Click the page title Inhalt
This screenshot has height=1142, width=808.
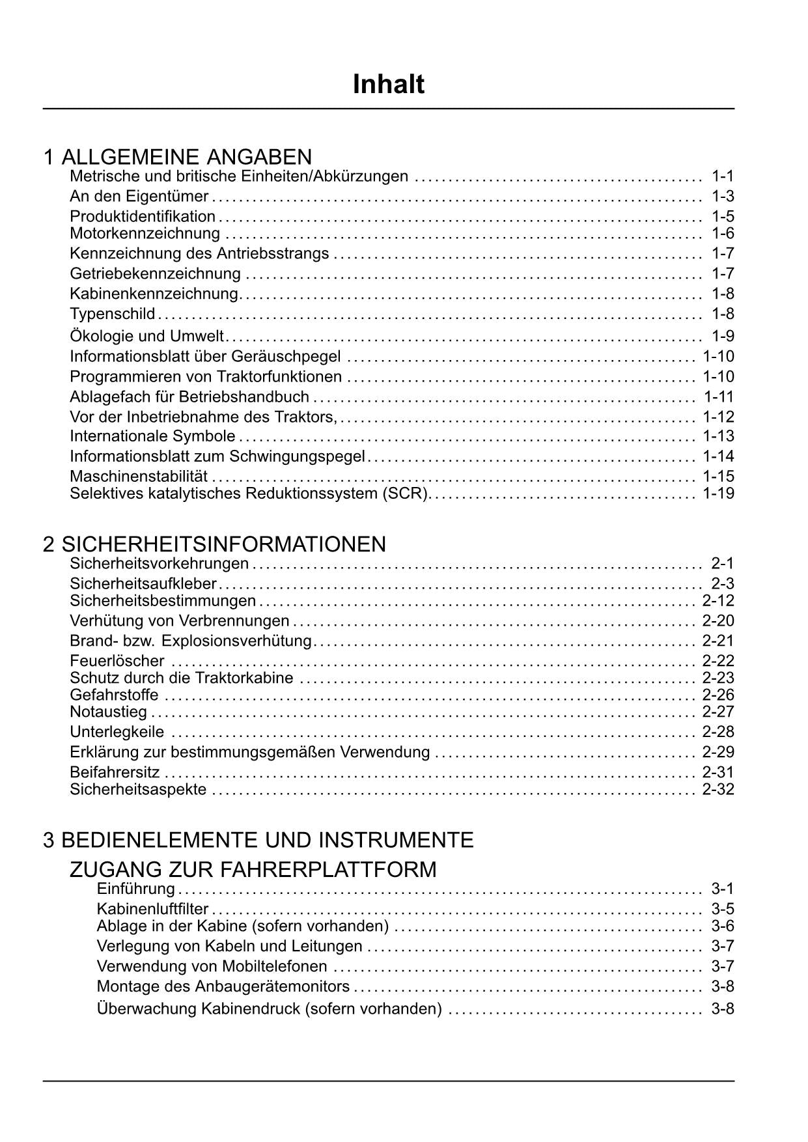pyautogui.click(x=388, y=85)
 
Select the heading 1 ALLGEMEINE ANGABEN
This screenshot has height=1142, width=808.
pyautogui.click(x=177, y=157)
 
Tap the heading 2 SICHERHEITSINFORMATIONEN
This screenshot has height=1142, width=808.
pyautogui.click(x=214, y=544)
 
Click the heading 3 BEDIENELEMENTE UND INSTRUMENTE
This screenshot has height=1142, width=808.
pyautogui.click(x=258, y=840)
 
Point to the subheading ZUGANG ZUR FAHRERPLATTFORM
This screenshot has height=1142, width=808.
pyautogui.click(x=253, y=869)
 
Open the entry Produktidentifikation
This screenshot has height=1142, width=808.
pyautogui.click(x=143, y=216)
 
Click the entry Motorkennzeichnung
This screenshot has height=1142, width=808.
pyautogui.click(x=145, y=233)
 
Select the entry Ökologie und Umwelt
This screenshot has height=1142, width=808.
pyautogui.click(x=146, y=336)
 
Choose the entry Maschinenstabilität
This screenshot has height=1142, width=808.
pyautogui.click(x=139, y=476)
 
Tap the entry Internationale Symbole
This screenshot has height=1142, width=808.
pyautogui.click(x=152, y=436)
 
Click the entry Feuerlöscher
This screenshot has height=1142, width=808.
pyautogui.click(x=117, y=661)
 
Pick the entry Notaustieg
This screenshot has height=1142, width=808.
pyautogui.click(x=108, y=712)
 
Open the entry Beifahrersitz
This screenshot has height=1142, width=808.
pyautogui.click(x=115, y=772)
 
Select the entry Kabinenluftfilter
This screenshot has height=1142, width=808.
pyautogui.click(x=152, y=909)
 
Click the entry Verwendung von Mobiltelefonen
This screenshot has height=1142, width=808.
pyautogui.click(x=212, y=966)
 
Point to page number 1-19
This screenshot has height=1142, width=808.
pyautogui.click(x=718, y=493)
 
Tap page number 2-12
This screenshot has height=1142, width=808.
pyautogui.click(x=718, y=600)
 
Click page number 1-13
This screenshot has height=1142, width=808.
pyautogui.click(x=718, y=436)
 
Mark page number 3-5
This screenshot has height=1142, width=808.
pyautogui.click(x=723, y=909)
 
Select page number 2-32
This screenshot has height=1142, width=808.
pyautogui.click(x=718, y=789)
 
